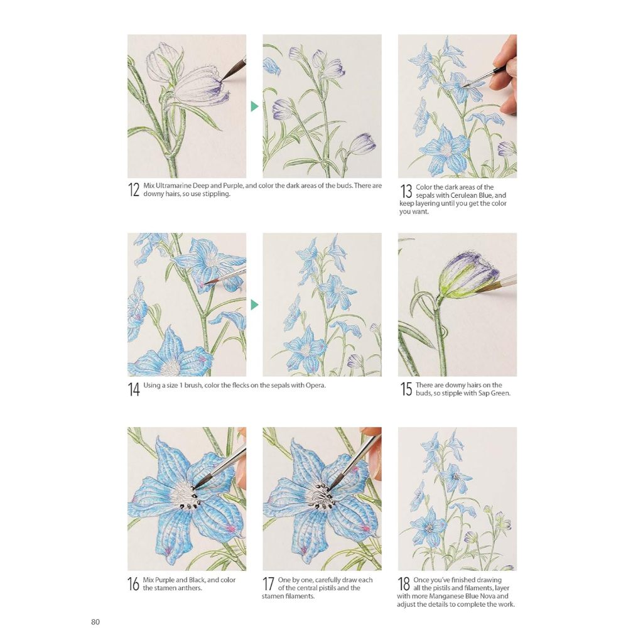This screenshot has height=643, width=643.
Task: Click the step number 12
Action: point(134,190)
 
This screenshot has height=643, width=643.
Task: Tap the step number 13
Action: point(406,191)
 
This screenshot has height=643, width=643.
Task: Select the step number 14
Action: point(134,389)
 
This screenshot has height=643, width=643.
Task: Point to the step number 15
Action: point(406,389)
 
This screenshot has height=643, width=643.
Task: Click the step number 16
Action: point(133,584)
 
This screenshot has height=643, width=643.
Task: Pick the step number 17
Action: point(268,584)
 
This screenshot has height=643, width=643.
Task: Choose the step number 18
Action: point(404,584)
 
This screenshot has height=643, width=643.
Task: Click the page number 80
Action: point(95,622)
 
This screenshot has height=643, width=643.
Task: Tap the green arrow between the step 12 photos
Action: point(255,106)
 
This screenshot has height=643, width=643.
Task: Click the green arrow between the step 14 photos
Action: point(255,305)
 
